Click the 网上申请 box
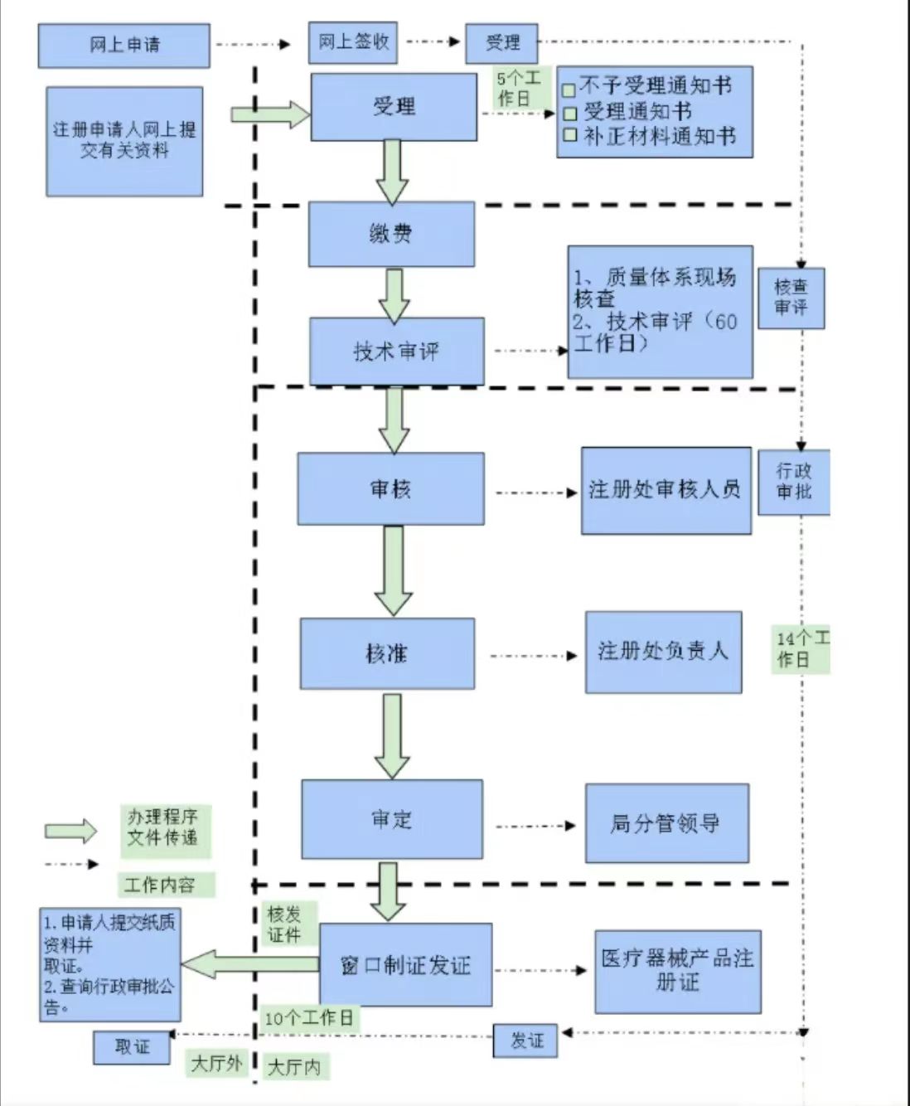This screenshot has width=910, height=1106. [x=124, y=45]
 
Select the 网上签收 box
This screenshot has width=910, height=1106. [x=353, y=42]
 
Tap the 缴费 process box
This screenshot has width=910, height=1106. [x=391, y=234]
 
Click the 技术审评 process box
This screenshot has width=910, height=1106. [x=396, y=351]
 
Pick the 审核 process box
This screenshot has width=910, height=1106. [x=390, y=488]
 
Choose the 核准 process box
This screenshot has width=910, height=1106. [x=387, y=653]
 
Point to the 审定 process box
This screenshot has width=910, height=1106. [x=391, y=819]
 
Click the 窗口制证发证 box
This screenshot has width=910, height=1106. [x=405, y=965]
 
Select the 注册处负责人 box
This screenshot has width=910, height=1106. [x=663, y=652]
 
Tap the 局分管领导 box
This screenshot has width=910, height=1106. [x=666, y=823]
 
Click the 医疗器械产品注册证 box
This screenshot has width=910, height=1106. [x=677, y=971]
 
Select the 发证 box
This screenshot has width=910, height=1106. [x=526, y=1041]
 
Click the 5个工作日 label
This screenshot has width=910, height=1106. [x=519, y=88]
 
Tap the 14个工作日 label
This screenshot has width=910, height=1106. [x=801, y=649]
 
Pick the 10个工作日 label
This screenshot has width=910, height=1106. [x=308, y=1017]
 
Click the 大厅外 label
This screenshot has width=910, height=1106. [x=216, y=1062]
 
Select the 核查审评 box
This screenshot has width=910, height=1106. [x=791, y=297]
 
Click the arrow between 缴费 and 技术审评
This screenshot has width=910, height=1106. [x=394, y=294]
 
